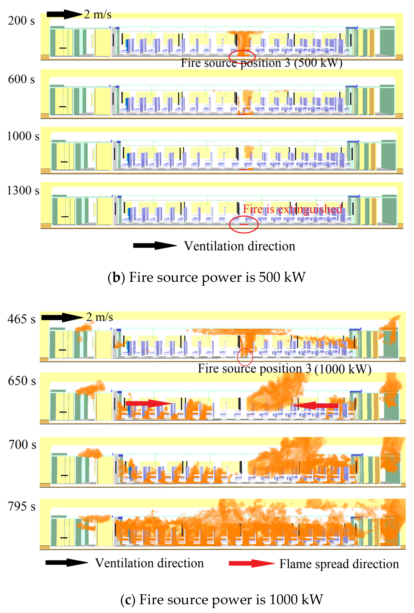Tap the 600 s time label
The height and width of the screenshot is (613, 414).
pos(21,79)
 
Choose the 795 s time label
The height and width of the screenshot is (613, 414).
pos(22,507)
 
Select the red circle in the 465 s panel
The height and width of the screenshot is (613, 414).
pos(245,357)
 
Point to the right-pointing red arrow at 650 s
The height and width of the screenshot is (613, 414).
pos(148,403)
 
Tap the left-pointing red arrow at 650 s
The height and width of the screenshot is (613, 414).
pos(316,405)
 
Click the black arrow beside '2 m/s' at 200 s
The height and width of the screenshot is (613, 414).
pos(64,14)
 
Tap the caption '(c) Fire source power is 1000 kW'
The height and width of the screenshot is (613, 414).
pos(222,600)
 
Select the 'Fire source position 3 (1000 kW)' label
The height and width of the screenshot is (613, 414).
pos(284,369)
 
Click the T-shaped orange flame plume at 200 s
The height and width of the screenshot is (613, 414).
pos(243,40)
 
